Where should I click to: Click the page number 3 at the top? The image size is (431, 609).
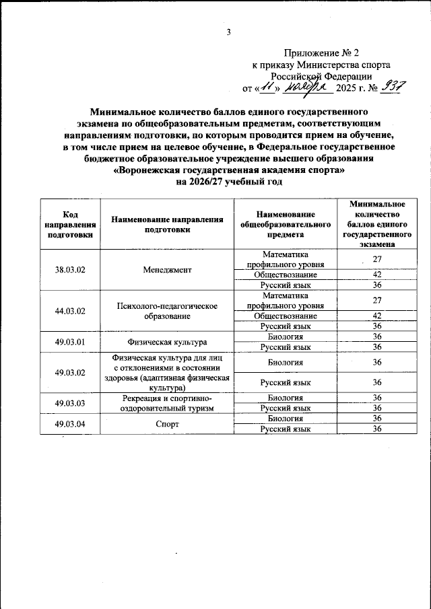click(x=228, y=32)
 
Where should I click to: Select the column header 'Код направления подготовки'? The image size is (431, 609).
click(x=69, y=224)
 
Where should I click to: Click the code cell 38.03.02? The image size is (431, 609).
click(x=69, y=270)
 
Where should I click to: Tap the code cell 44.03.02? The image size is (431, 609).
click(x=69, y=311)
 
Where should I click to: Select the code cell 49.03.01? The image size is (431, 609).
click(x=69, y=341)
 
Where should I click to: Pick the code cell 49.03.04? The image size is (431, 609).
click(x=69, y=423)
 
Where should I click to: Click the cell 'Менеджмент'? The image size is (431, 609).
click(x=168, y=270)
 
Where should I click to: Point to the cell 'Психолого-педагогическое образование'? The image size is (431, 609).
click(x=168, y=311)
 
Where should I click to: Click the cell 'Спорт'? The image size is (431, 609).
click(x=168, y=423)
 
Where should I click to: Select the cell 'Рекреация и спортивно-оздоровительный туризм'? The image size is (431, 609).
click(x=168, y=402)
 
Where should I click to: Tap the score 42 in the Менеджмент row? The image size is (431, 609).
click(x=377, y=275)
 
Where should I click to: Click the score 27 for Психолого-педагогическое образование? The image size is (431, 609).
click(x=377, y=300)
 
